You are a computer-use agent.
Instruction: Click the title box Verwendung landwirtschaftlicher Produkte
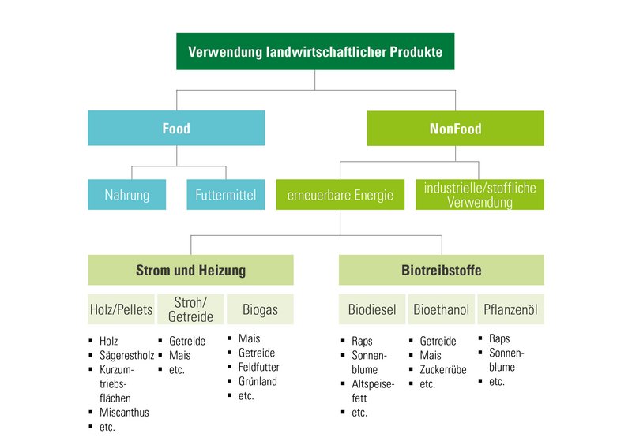click(315, 52)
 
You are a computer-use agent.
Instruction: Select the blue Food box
click(176, 128)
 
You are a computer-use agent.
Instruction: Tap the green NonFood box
click(455, 128)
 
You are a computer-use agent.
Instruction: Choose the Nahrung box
click(126, 195)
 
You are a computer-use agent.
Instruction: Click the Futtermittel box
click(226, 195)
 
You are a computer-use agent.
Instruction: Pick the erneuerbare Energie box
click(340, 195)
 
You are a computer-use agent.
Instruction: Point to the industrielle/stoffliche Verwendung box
click(480, 195)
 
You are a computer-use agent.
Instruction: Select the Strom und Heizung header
click(190, 270)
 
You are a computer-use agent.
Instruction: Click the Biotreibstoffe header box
click(442, 270)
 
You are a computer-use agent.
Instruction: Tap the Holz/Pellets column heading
click(121, 309)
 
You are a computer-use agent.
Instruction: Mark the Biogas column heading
click(259, 309)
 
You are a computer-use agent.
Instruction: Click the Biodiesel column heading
click(372, 309)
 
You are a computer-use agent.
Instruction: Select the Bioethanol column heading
click(441, 309)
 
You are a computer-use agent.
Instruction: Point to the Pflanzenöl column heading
click(510, 309)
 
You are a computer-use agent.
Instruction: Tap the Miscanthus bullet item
click(124, 413)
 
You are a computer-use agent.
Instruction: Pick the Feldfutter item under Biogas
click(258, 367)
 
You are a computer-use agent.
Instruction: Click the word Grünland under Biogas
click(258, 381)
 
